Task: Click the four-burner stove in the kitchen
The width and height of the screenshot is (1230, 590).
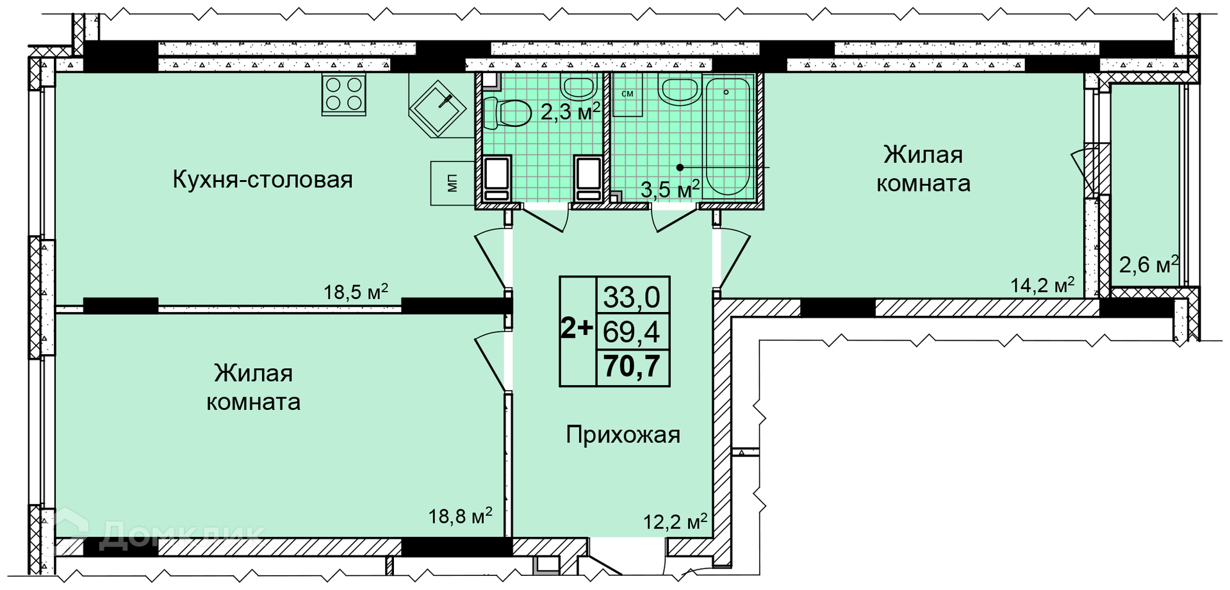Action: [344, 94]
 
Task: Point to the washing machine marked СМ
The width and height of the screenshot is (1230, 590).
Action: [627, 94]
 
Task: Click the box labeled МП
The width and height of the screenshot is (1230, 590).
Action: [452, 183]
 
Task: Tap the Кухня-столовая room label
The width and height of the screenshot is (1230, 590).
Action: [263, 179]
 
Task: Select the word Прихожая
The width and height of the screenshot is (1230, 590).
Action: [623, 435]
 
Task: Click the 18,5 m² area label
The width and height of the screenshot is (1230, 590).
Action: [356, 291]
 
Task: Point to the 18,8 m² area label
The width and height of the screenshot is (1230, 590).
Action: [460, 515]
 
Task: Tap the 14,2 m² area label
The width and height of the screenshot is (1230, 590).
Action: [1042, 284]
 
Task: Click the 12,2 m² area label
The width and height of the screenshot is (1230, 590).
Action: [675, 521]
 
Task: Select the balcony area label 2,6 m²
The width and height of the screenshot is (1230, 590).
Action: [1149, 264]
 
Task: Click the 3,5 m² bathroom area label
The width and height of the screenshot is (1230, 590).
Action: [670, 189]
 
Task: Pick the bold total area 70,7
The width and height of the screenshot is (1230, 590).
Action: [632, 366]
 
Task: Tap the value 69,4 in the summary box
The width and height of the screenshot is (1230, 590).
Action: [632, 332]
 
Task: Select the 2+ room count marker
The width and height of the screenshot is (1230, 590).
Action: [577, 328]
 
